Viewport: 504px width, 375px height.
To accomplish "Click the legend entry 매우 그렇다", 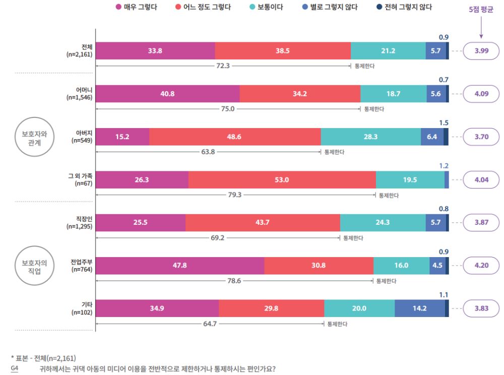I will (x=136, y=7).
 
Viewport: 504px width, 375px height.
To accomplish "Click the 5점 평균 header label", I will (x=481, y=10).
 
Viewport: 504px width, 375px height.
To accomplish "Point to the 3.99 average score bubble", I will (x=481, y=51).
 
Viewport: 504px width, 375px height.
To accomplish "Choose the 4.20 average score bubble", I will (x=481, y=266).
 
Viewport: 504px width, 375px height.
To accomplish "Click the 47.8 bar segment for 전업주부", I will (x=179, y=266).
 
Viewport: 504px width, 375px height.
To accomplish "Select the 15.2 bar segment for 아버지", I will (x=122, y=137).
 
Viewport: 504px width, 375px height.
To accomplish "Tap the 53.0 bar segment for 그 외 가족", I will (x=282, y=179).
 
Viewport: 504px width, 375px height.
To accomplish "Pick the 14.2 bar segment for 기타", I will (x=419, y=308).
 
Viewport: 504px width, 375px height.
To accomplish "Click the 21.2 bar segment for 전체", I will (x=388, y=51).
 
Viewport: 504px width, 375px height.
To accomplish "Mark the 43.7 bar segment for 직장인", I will (x=263, y=222).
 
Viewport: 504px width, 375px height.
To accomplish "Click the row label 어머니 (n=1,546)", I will (x=80, y=94).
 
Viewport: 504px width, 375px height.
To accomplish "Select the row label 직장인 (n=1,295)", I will (x=80, y=222).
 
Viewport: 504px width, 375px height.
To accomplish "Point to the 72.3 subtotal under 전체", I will (x=222, y=66).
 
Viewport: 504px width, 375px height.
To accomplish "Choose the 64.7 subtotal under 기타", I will (x=210, y=324).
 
